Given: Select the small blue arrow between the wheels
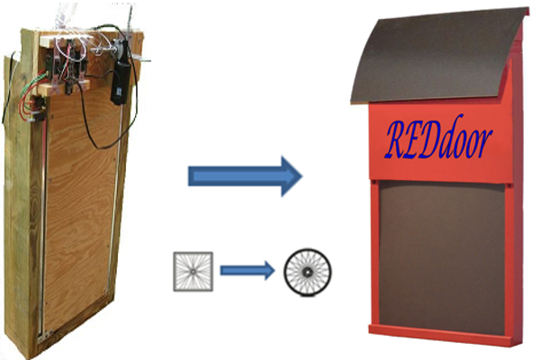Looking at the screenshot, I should (x=245, y=268).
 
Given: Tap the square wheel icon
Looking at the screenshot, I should (x=192, y=271).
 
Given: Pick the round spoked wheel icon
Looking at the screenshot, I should (x=307, y=269).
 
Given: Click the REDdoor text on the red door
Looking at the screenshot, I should (x=438, y=139).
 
